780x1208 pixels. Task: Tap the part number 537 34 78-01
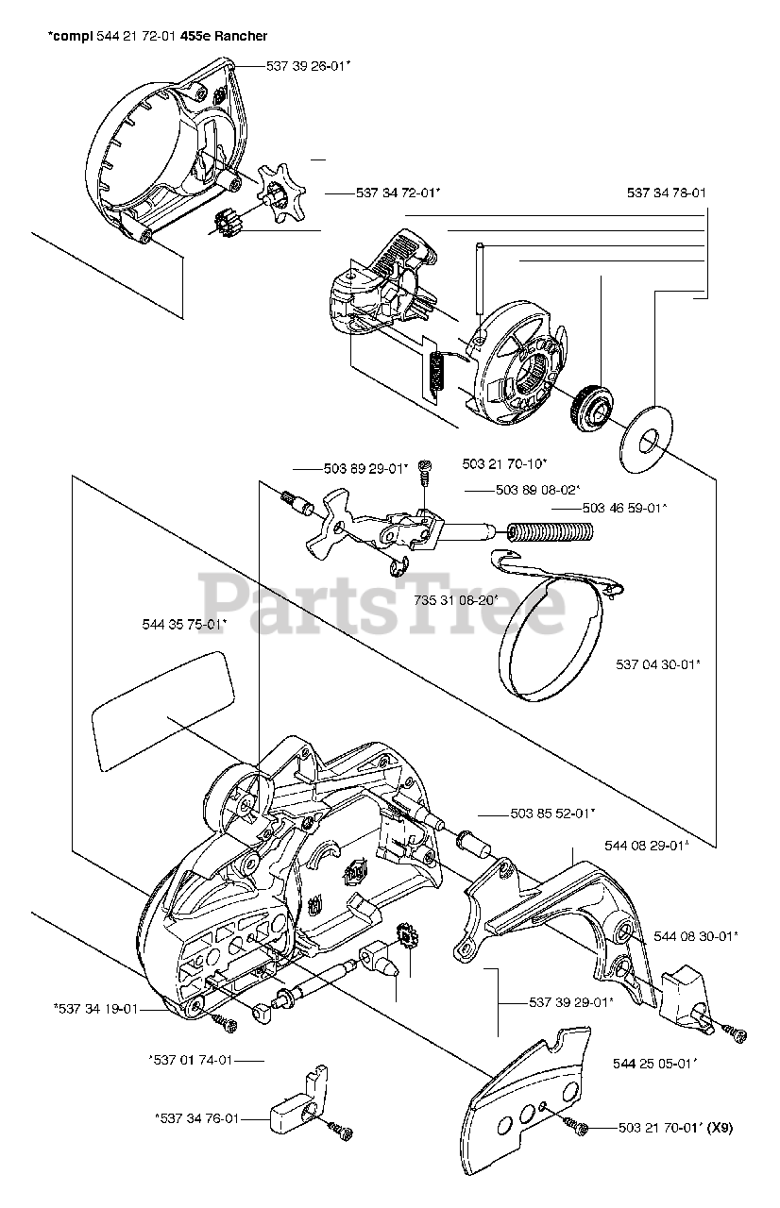coord(667,193)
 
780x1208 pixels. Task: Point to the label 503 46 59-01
coord(624,508)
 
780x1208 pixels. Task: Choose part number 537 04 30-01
coord(658,663)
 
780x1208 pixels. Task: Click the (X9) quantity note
coord(717,1127)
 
